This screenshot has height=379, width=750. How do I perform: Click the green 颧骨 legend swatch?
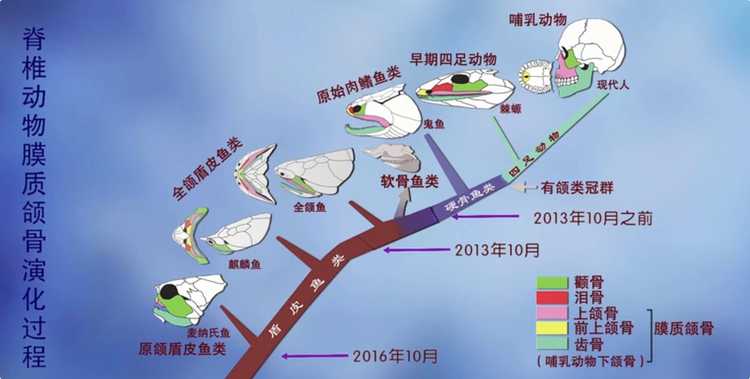[552, 283]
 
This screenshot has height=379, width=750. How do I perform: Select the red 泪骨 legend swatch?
[552, 298]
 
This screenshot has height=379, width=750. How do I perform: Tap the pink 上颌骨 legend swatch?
[552, 313]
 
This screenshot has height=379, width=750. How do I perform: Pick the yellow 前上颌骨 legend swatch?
[552, 328]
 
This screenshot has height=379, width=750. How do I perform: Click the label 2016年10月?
[395, 356]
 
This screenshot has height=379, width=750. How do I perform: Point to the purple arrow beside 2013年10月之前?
[485, 216]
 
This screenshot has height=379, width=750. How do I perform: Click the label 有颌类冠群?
[577, 188]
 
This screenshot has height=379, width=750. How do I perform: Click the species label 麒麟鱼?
[244, 264]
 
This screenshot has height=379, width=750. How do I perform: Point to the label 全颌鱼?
[310, 207]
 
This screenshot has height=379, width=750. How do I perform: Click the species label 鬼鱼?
[434, 124]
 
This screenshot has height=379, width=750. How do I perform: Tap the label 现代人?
[613, 85]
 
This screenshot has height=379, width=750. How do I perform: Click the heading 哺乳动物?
[538, 20]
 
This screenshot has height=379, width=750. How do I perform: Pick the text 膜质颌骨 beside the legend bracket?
[684, 328]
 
